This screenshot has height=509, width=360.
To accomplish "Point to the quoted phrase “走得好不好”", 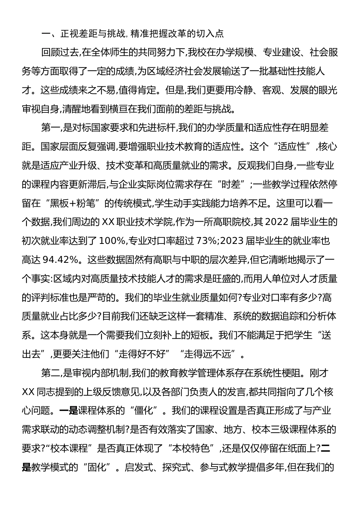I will click(139, 354).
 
